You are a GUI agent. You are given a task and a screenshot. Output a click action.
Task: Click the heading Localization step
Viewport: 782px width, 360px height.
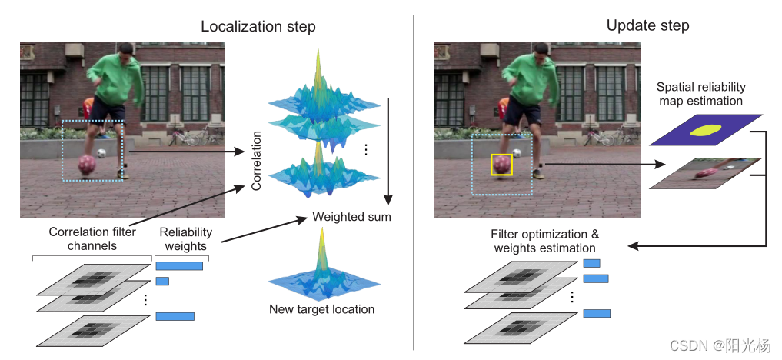pyautogui.click(x=258, y=26)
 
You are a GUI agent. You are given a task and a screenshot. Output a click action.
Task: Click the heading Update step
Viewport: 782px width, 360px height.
pyautogui.click(x=647, y=25)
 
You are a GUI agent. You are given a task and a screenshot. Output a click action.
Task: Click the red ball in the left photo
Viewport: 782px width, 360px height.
pyautogui.click(x=86, y=163)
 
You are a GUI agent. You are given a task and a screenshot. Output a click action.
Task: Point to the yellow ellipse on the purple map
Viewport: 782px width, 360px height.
pyautogui.click(x=706, y=131)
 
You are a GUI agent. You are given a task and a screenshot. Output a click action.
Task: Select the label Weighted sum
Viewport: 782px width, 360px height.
pyautogui.click(x=351, y=217)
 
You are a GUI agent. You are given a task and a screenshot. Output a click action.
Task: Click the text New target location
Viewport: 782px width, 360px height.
pyautogui.click(x=321, y=309)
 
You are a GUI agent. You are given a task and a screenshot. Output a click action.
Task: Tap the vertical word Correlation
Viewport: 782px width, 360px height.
pyautogui.click(x=257, y=160)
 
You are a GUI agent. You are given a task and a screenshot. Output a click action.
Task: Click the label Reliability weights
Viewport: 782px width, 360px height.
pyautogui.click(x=185, y=239)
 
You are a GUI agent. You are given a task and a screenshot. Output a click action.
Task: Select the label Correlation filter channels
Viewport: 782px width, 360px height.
pyautogui.click(x=93, y=239)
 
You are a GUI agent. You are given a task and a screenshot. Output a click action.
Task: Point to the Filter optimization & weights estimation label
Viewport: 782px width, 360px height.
pyautogui.click(x=544, y=241)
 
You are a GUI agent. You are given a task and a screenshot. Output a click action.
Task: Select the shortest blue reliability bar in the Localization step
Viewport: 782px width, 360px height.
pyautogui.click(x=162, y=282)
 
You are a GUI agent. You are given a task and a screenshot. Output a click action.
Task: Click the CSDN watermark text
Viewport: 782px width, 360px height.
pyautogui.click(x=720, y=345)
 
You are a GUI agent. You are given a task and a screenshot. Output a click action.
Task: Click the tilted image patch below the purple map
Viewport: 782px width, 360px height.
pyautogui.click(x=705, y=173)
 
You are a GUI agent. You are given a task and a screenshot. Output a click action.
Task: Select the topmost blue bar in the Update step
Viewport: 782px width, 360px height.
pyautogui.click(x=591, y=263)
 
